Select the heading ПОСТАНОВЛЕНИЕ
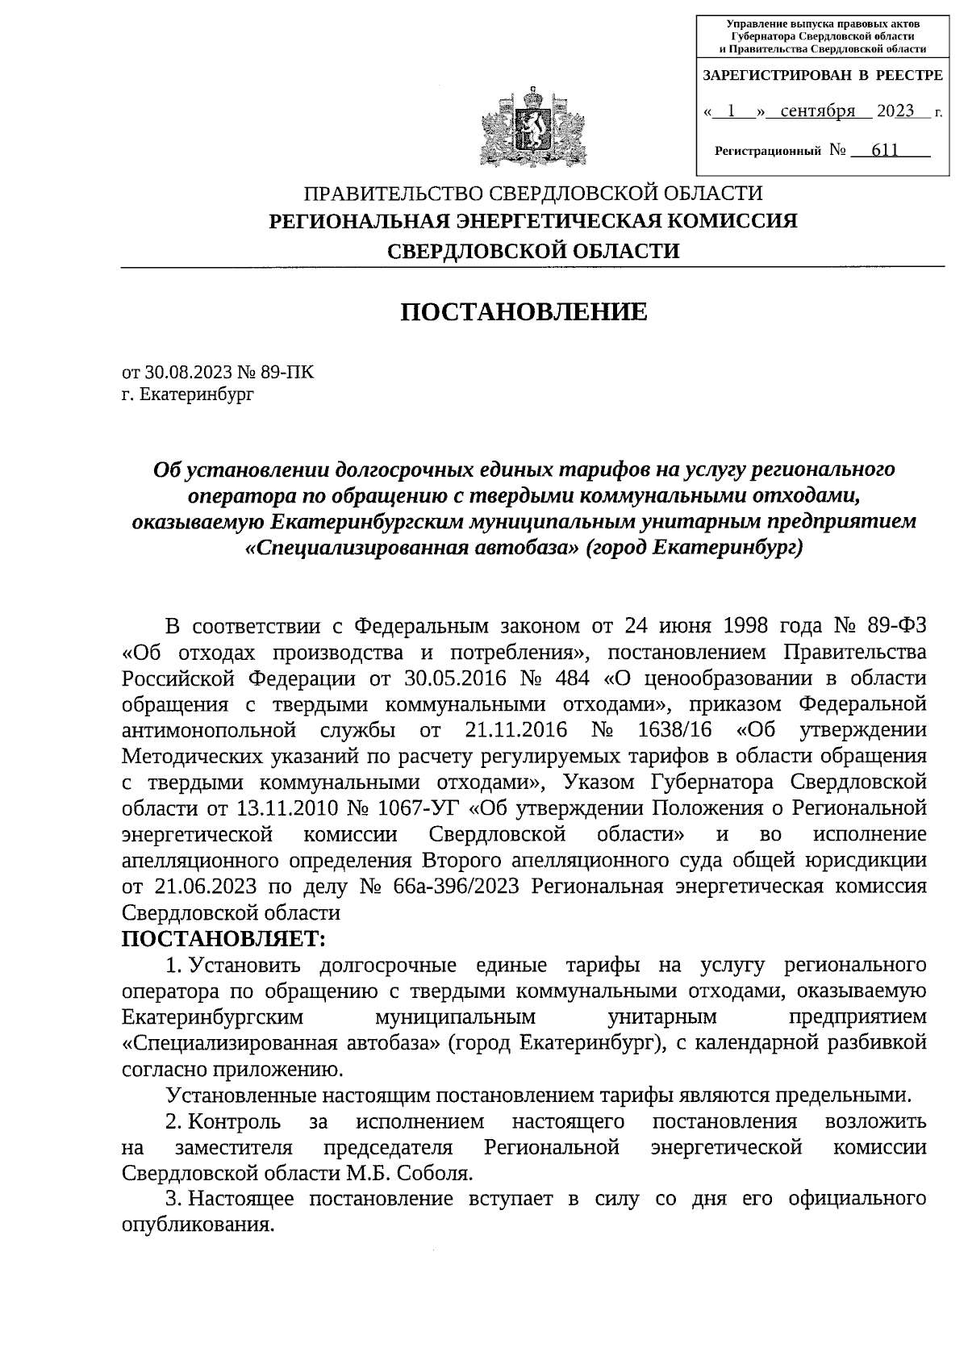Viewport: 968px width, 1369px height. point(524,311)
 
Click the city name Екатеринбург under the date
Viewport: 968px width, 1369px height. point(197,394)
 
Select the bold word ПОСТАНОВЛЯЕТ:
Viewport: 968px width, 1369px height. point(223,939)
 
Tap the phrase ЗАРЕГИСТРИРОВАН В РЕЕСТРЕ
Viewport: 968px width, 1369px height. point(822,76)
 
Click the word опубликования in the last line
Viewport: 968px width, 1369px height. point(194,1225)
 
